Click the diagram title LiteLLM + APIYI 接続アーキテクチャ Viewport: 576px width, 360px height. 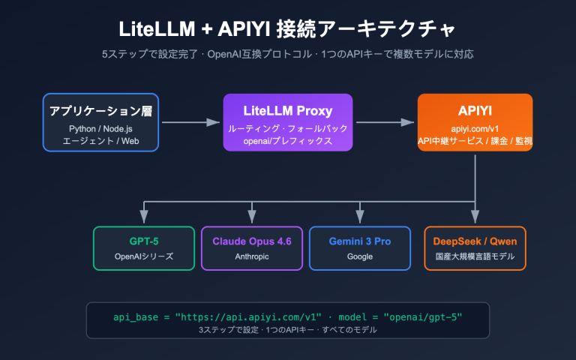pos(288,28)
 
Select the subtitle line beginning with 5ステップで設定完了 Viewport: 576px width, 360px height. pos(288,55)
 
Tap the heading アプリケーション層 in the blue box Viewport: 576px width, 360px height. pos(100,111)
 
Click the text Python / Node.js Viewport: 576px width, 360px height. pos(100,128)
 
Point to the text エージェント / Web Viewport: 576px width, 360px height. pos(100,140)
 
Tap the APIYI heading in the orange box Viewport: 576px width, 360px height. pos(475,111)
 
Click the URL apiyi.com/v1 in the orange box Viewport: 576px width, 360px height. pos(475,128)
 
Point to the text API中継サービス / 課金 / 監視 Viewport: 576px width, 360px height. pos(475,140)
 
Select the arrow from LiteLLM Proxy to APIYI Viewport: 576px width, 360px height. pos(385,122)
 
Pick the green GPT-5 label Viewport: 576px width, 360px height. pos(143,241)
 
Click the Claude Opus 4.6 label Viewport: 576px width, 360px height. pos(252,241)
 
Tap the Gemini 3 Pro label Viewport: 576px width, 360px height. pos(360,241)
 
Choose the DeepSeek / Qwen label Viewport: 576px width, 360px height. pos(474,241)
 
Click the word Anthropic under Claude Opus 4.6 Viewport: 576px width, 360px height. pos(252,256)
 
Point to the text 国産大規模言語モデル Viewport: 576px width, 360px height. pos(474,256)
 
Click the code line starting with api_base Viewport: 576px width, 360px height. pos(288,316)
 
